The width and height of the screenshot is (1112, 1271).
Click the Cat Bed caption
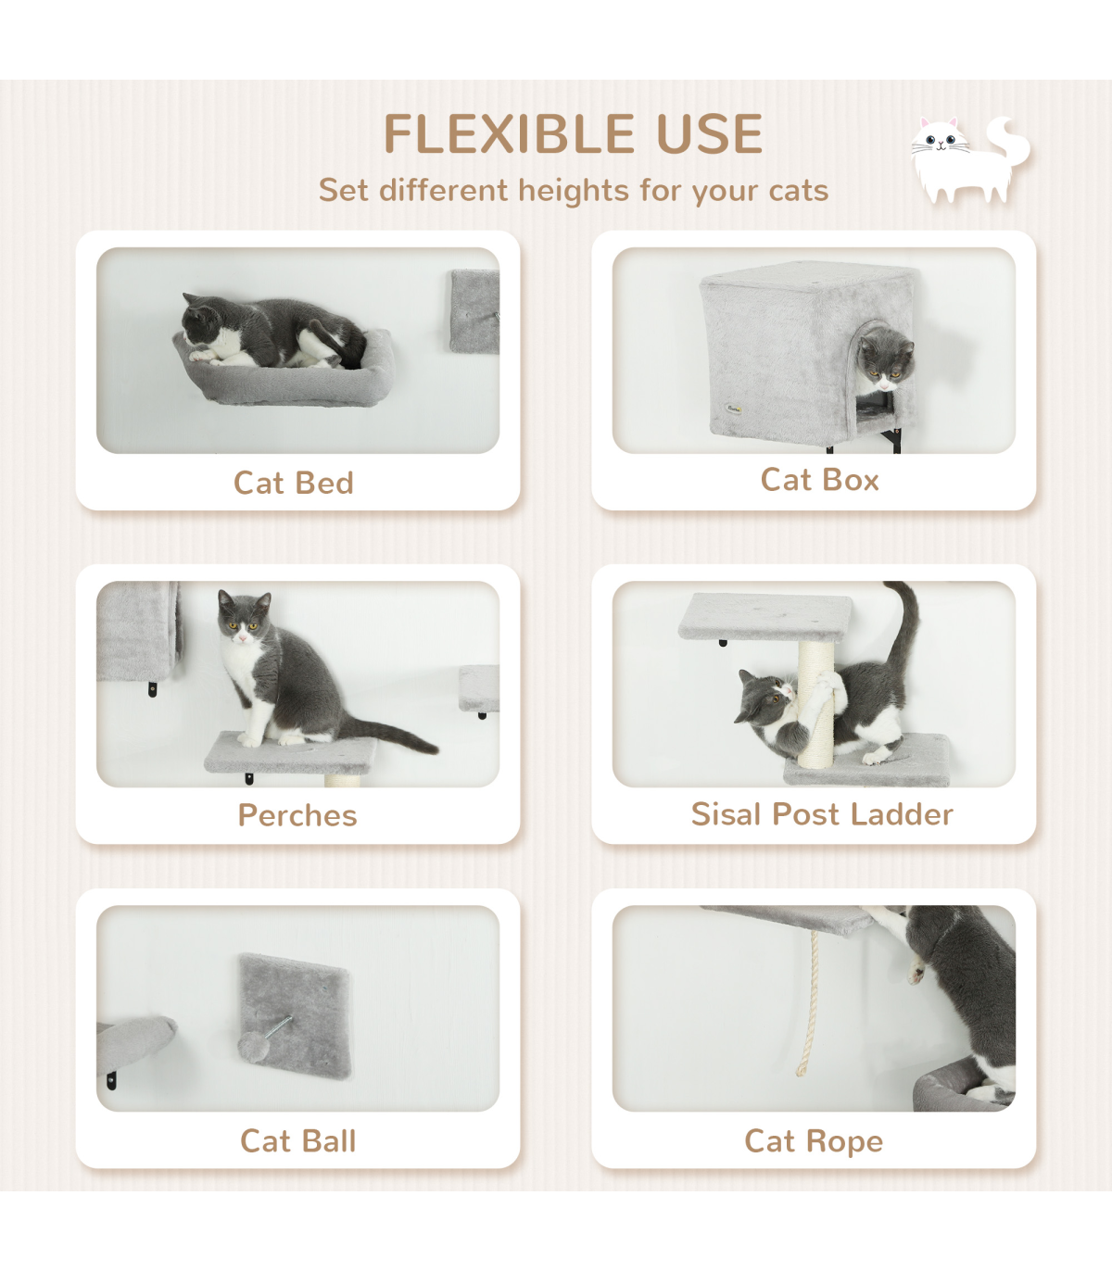(x=294, y=483)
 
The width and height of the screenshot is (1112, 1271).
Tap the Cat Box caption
(x=820, y=480)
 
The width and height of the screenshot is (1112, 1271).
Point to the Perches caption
(x=297, y=815)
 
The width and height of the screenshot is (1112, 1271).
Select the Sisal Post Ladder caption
(x=822, y=813)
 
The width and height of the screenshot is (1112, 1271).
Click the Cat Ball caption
(x=298, y=1141)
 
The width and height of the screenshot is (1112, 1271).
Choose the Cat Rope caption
(x=814, y=1141)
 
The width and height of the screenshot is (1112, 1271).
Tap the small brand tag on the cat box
(x=733, y=409)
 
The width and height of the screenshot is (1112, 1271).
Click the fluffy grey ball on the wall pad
(x=254, y=1046)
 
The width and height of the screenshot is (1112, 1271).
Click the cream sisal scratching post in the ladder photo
(x=816, y=705)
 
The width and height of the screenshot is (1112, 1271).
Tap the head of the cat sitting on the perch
(x=244, y=617)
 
